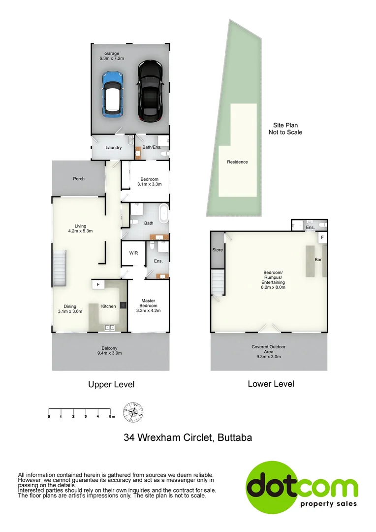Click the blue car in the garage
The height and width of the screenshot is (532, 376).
(x=113, y=93)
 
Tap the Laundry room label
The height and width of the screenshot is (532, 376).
(x=114, y=147)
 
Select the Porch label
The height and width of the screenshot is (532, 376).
(x=79, y=179)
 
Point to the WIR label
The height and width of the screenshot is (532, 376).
(x=133, y=253)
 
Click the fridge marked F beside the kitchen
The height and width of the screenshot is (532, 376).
(x=98, y=284)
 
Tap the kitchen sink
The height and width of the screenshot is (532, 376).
(x=109, y=327)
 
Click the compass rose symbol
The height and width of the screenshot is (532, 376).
(x=133, y=412)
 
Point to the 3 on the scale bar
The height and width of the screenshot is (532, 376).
(x=86, y=417)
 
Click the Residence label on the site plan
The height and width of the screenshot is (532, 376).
(x=237, y=162)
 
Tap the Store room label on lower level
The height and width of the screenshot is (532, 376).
(x=218, y=250)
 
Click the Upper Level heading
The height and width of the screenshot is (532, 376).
(x=111, y=384)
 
